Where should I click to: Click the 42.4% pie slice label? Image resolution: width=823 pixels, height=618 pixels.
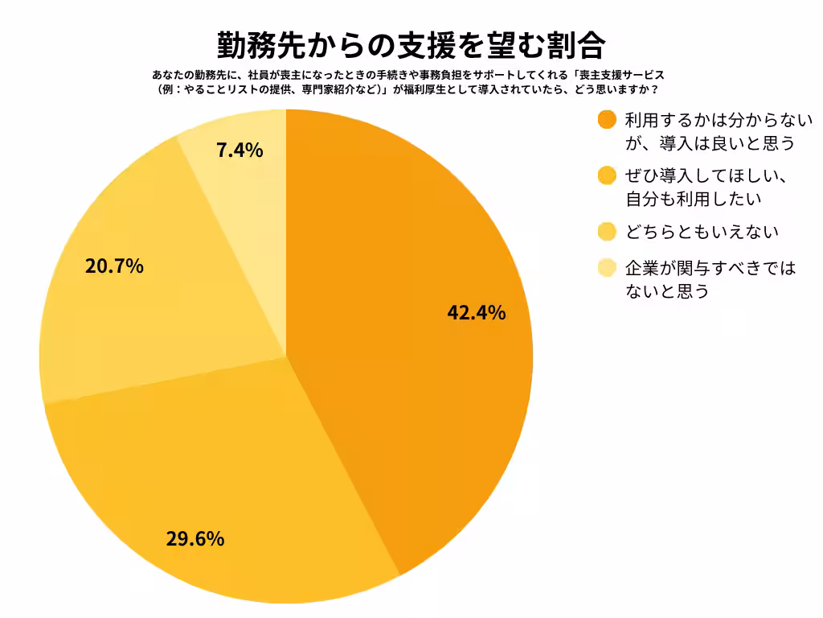pos(476,313)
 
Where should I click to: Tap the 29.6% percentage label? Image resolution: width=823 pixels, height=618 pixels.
pos(194,539)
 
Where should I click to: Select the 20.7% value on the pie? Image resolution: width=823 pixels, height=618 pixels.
pos(114,266)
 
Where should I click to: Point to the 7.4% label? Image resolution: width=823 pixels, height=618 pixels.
pos(240,150)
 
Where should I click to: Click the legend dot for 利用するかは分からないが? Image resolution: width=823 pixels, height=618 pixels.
pos(608,120)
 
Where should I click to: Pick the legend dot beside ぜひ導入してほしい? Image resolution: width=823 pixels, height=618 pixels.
pos(608,175)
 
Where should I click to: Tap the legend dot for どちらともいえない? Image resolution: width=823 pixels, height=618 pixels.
pos(608,233)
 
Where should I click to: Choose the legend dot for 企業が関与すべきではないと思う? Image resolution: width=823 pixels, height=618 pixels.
pos(608,267)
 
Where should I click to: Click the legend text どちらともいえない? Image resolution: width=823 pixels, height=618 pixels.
pos(702,233)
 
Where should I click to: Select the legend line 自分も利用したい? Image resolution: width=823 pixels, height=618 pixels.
pos(693,197)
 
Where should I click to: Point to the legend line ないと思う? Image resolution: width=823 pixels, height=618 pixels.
pos(667,290)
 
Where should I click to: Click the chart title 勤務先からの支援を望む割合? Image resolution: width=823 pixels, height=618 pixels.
pos(411,45)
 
